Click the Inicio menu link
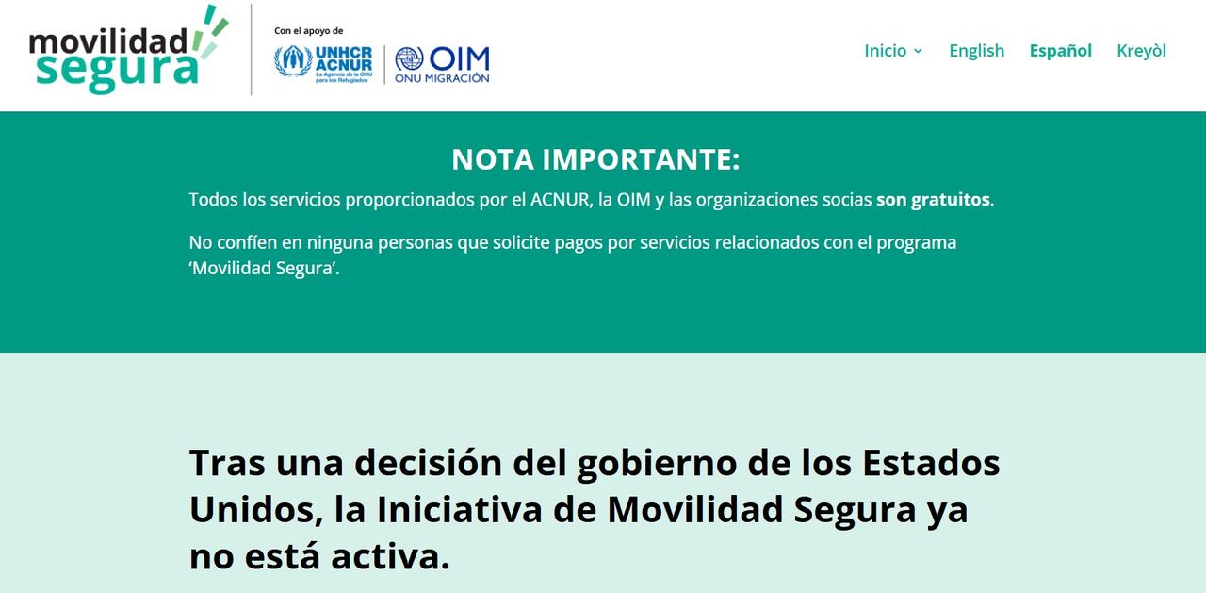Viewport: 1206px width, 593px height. point(885,51)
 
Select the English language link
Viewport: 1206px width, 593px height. point(976,51)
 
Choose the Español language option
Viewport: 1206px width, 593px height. point(1060,51)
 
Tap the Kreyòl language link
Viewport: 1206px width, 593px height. point(1141,51)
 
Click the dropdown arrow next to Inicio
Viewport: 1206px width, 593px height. point(918,52)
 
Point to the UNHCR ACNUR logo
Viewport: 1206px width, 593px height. point(323,63)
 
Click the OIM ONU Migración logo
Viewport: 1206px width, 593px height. point(442,64)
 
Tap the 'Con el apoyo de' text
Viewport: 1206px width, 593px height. point(308,31)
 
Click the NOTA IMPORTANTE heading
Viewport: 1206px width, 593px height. point(595,159)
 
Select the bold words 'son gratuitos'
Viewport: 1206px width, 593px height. point(933,200)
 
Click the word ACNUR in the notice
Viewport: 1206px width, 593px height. point(560,200)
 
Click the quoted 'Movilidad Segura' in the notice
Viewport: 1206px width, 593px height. point(264,268)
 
